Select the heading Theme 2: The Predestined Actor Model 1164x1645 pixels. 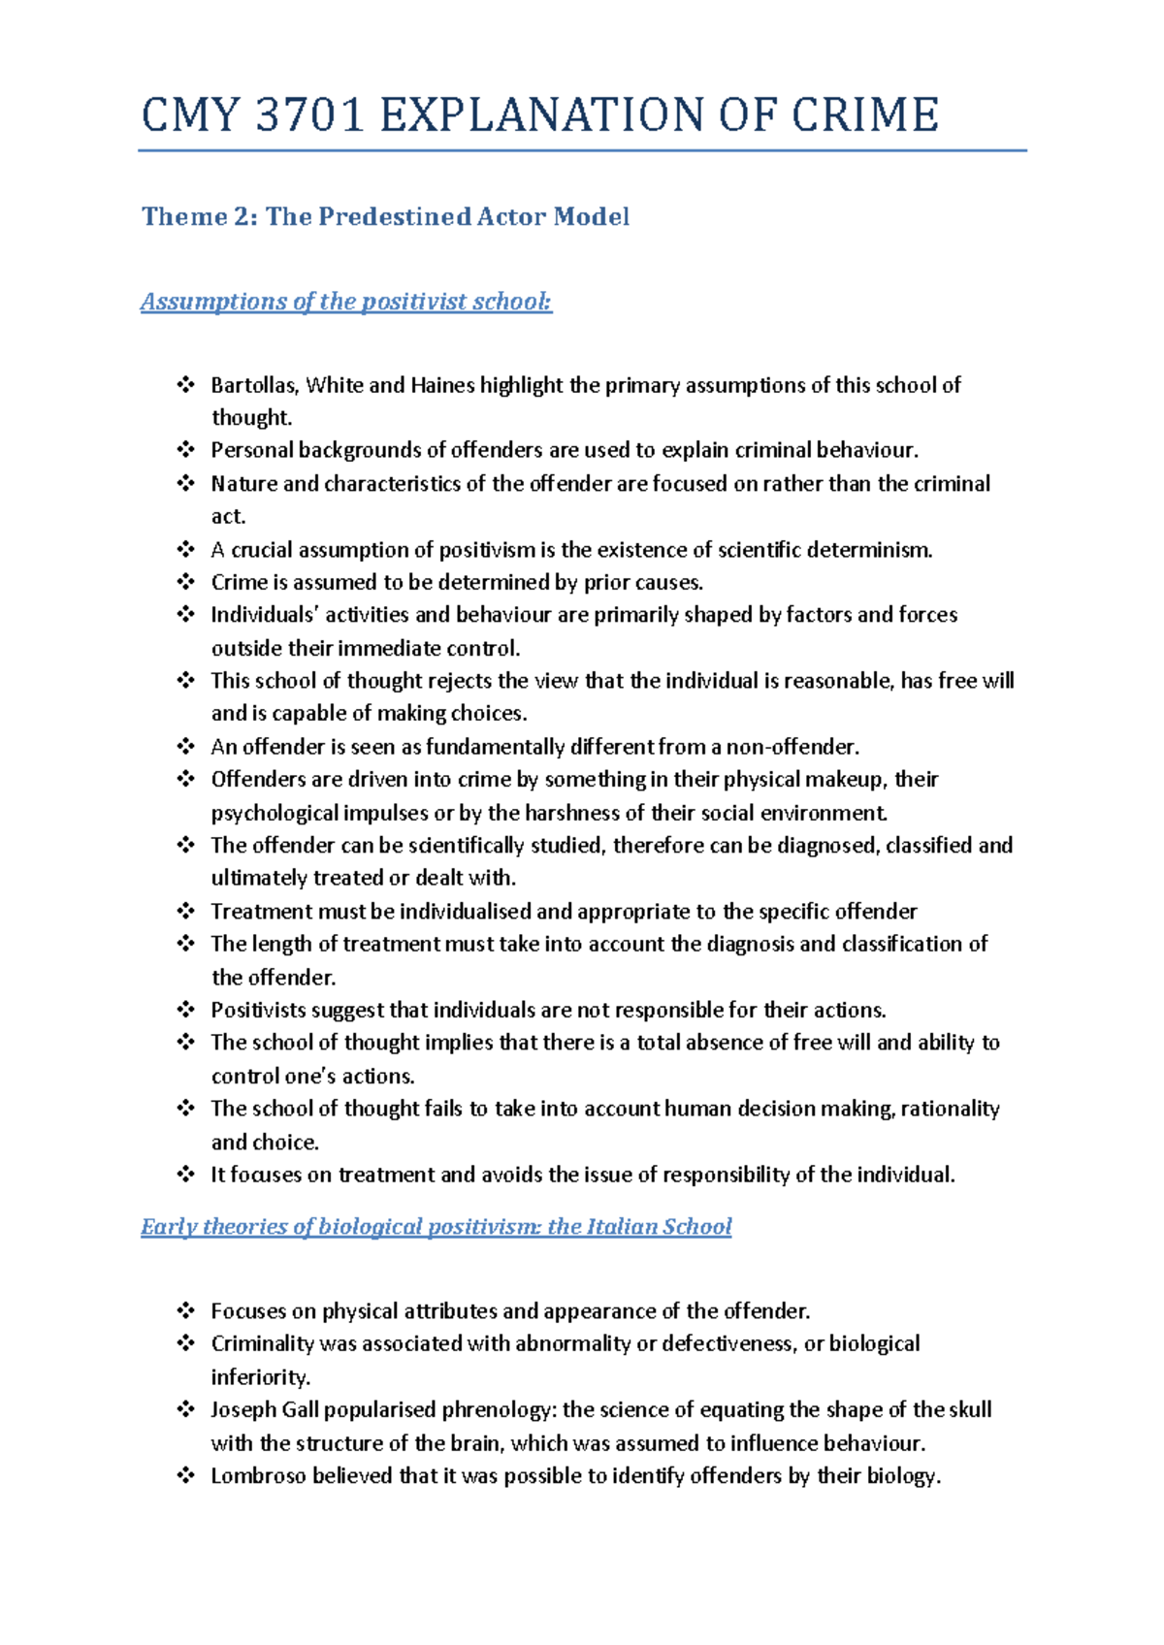click(x=385, y=216)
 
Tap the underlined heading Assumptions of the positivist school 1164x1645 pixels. click(x=346, y=302)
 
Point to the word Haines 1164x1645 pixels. click(x=442, y=385)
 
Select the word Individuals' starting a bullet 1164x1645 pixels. click(x=266, y=615)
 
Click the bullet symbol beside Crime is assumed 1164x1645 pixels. click(x=185, y=582)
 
